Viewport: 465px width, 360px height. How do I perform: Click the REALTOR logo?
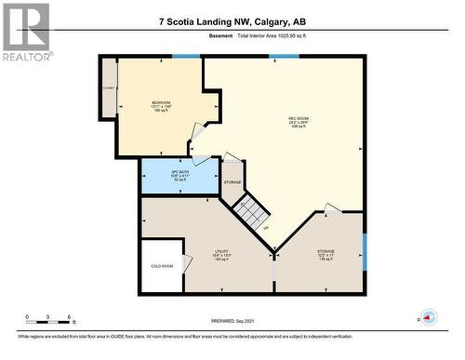[25, 32]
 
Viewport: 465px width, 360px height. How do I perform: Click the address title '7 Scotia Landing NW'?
[232, 20]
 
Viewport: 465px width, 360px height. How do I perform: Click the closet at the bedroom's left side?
[109, 89]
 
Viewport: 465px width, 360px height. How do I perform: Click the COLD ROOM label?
[161, 266]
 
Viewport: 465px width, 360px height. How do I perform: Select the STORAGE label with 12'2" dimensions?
[325, 254]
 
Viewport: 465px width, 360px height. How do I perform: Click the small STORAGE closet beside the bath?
[232, 182]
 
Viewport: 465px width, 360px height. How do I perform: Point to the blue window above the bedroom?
[186, 57]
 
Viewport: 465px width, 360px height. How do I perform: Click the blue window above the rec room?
[277, 57]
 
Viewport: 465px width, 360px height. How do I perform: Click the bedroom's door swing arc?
[199, 136]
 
